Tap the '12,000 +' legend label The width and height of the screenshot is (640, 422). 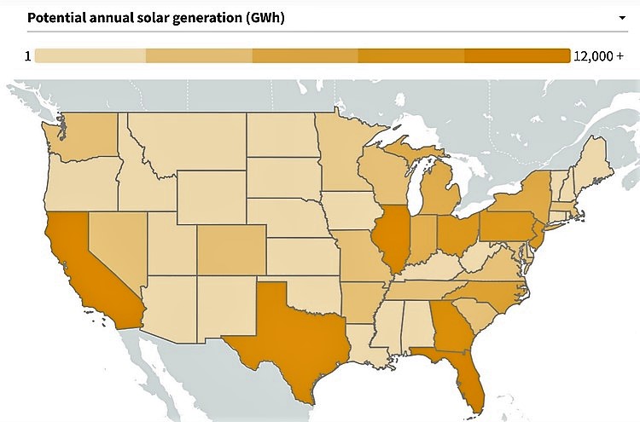pos(598,56)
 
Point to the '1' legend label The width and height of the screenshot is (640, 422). pos(28,56)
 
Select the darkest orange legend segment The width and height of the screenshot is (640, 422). pos(517,56)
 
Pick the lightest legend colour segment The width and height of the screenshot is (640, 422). pos(91,56)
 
